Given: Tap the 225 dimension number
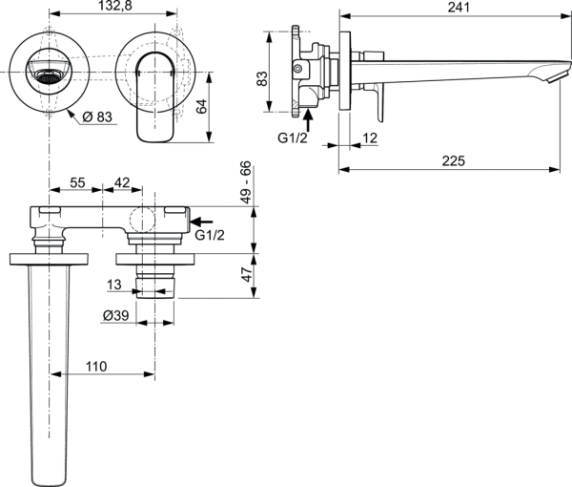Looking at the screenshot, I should [453, 161].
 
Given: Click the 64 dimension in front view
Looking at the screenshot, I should [202, 106].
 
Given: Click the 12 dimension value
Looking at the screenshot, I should [368, 139].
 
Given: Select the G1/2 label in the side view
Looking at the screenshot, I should [294, 138].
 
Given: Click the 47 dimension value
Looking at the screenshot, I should [246, 276].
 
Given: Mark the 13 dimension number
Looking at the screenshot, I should [114, 285].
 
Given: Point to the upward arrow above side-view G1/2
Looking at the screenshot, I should [308, 119].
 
